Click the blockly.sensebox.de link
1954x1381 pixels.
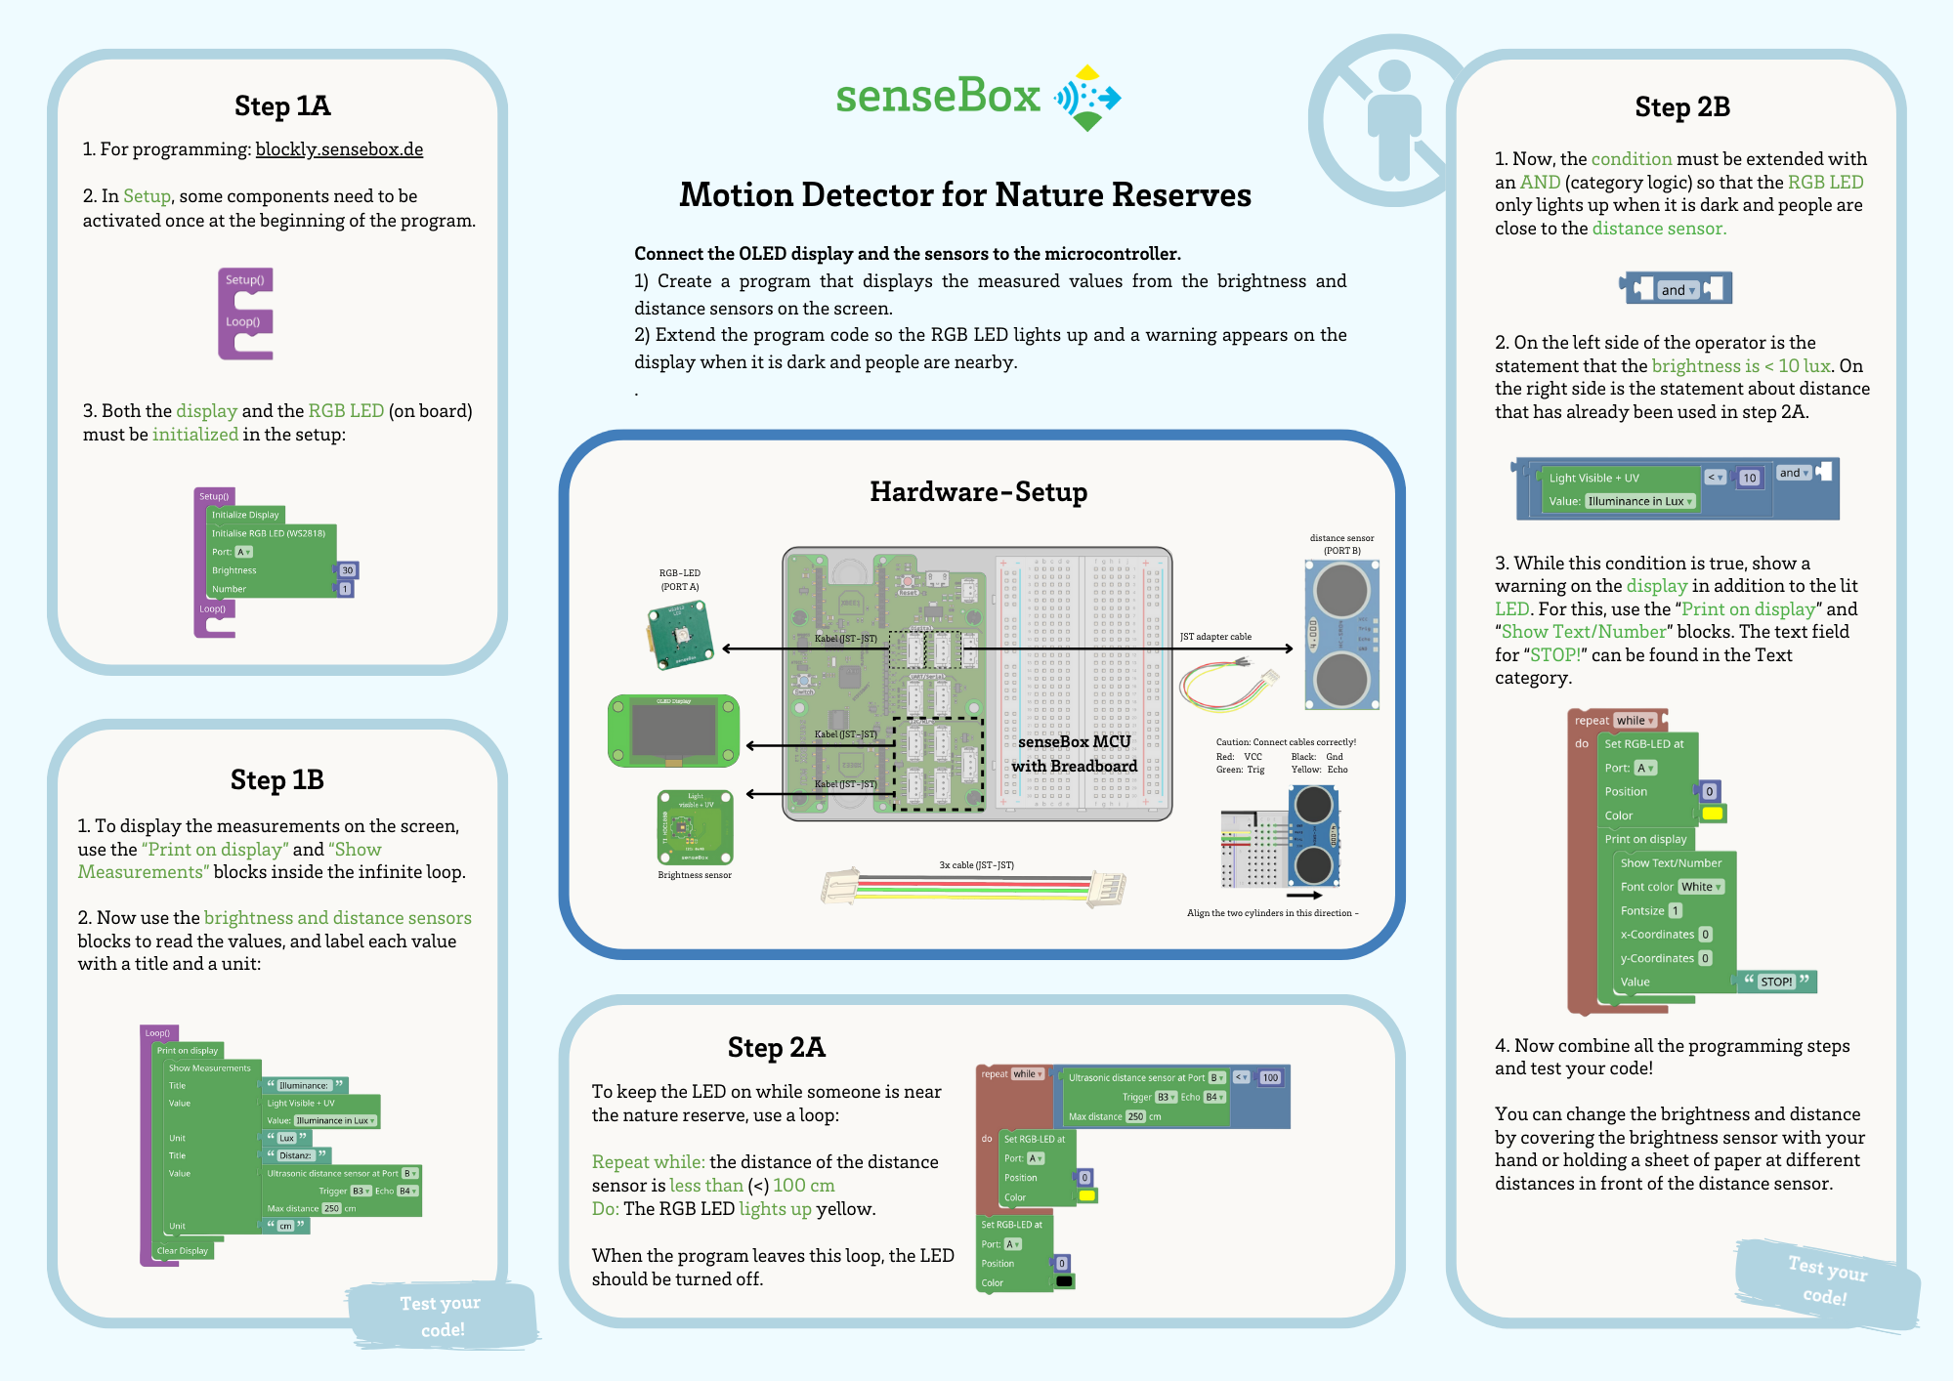(339, 149)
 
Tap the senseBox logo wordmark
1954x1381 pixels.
(938, 96)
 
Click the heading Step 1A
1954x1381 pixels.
(282, 105)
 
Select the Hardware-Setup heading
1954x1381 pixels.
(978, 491)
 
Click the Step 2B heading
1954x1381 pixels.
(1681, 106)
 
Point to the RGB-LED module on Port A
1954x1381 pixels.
(680, 635)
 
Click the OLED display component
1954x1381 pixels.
(673, 731)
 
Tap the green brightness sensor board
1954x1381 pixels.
(695, 827)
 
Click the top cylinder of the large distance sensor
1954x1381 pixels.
(1341, 590)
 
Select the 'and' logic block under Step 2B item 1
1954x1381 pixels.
(1677, 289)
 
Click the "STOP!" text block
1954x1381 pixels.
(1776, 982)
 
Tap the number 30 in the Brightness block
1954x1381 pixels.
(347, 570)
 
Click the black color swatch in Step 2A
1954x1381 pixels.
(1064, 1281)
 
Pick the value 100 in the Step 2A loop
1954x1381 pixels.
(1269, 1077)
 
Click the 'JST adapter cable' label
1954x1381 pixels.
(1215, 637)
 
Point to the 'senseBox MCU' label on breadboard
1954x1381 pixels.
(1074, 742)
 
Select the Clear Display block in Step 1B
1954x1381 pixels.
(183, 1250)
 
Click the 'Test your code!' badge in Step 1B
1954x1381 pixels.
(442, 1316)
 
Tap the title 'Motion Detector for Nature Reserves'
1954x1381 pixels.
(964, 195)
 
